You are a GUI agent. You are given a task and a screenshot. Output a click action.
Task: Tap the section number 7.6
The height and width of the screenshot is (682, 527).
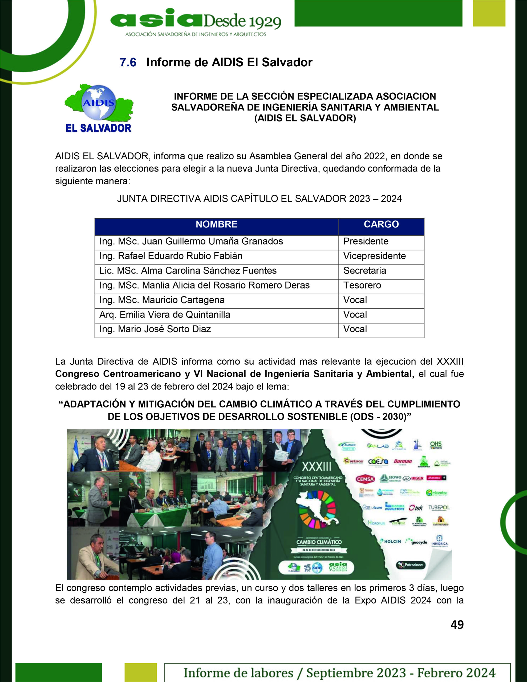pyautogui.click(x=128, y=62)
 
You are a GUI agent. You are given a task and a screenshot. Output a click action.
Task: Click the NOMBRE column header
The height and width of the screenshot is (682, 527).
pyautogui.click(x=217, y=224)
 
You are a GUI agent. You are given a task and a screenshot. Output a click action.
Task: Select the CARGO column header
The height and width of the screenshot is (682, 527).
pyautogui.click(x=381, y=224)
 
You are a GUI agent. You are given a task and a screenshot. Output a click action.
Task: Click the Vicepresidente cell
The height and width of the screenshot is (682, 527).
pyautogui.click(x=375, y=256)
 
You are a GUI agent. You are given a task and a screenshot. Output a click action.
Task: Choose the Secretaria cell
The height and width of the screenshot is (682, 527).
pyautogui.click(x=364, y=271)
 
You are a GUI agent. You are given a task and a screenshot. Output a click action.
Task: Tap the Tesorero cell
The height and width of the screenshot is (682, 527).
pyautogui.click(x=362, y=285)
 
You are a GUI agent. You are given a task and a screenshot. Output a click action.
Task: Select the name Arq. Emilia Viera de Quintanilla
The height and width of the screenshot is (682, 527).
pyautogui.click(x=165, y=315)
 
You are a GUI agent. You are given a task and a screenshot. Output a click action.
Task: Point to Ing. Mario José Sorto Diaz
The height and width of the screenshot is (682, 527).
pyautogui.click(x=155, y=329)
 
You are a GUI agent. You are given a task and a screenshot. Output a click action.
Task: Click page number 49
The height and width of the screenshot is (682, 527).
pyautogui.click(x=457, y=624)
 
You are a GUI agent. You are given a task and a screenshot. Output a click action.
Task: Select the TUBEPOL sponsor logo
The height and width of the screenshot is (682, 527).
pyautogui.click(x=439, y=508)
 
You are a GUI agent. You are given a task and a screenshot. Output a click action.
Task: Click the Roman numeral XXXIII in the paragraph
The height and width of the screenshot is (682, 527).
pyautogui.click(x=450, y=362)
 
